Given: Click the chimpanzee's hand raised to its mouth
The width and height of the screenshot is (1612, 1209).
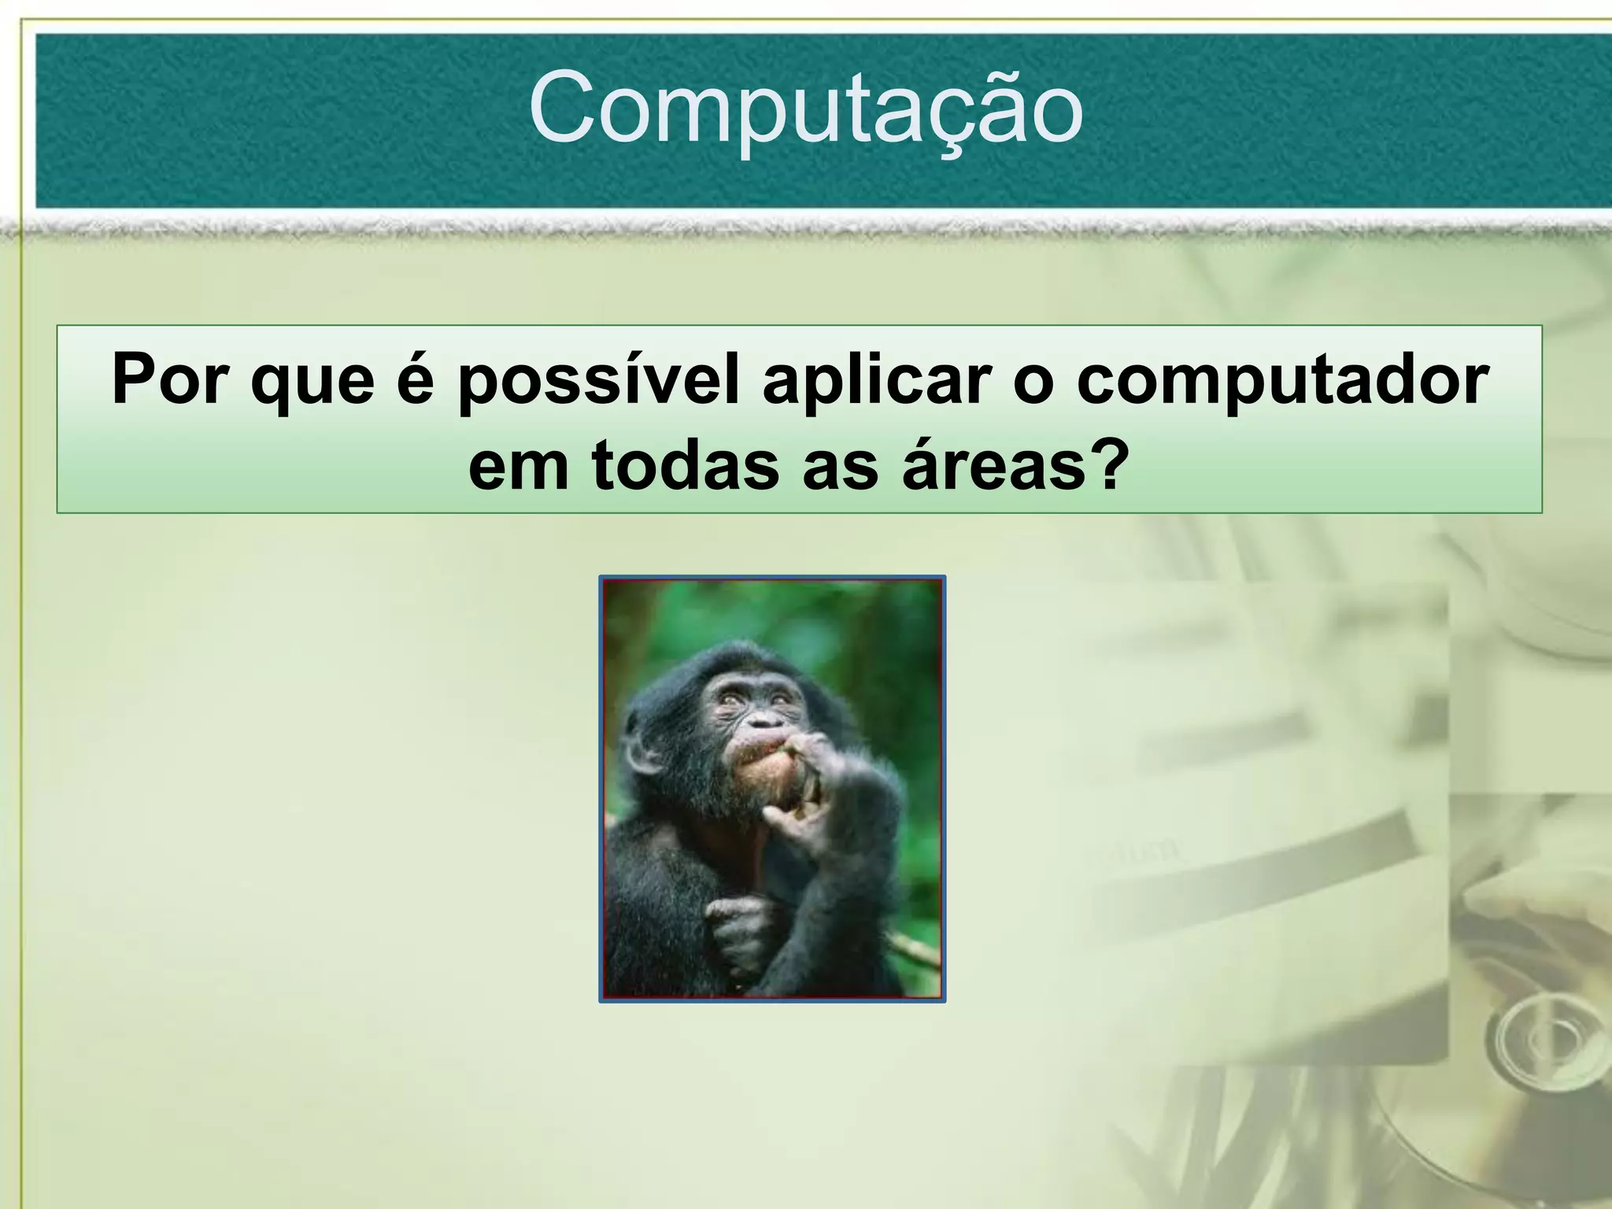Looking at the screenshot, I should [x=819, y=795].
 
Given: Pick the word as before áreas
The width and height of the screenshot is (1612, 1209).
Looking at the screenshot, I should [x=839, y=466].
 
